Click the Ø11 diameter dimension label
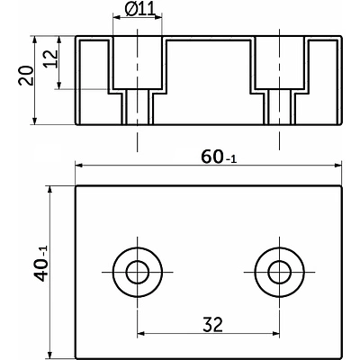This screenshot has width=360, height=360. coord(140,10)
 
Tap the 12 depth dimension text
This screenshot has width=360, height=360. coord(51,59)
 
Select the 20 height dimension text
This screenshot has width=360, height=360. coord(26,76)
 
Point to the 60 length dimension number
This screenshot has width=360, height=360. coord(212,157)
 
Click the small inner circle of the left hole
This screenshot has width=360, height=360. coord(138,272)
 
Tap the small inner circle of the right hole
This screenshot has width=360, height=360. coord(280,272)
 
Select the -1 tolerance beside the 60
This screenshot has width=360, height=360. coord(231,159)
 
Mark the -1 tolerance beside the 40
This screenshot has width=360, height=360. coord(43,253)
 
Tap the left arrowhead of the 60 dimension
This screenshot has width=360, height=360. coord(79,165)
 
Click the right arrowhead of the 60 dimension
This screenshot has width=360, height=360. coord(337,165)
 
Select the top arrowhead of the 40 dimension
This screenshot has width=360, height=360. coord(50,190)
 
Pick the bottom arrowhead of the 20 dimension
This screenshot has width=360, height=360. coord(34,121)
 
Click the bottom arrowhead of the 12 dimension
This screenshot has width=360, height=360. coord(59,85)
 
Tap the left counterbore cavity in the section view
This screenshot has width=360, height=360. coord(138,62)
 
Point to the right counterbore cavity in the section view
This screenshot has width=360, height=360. coord(280,62)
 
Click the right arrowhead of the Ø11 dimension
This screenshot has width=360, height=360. coord(157,17)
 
